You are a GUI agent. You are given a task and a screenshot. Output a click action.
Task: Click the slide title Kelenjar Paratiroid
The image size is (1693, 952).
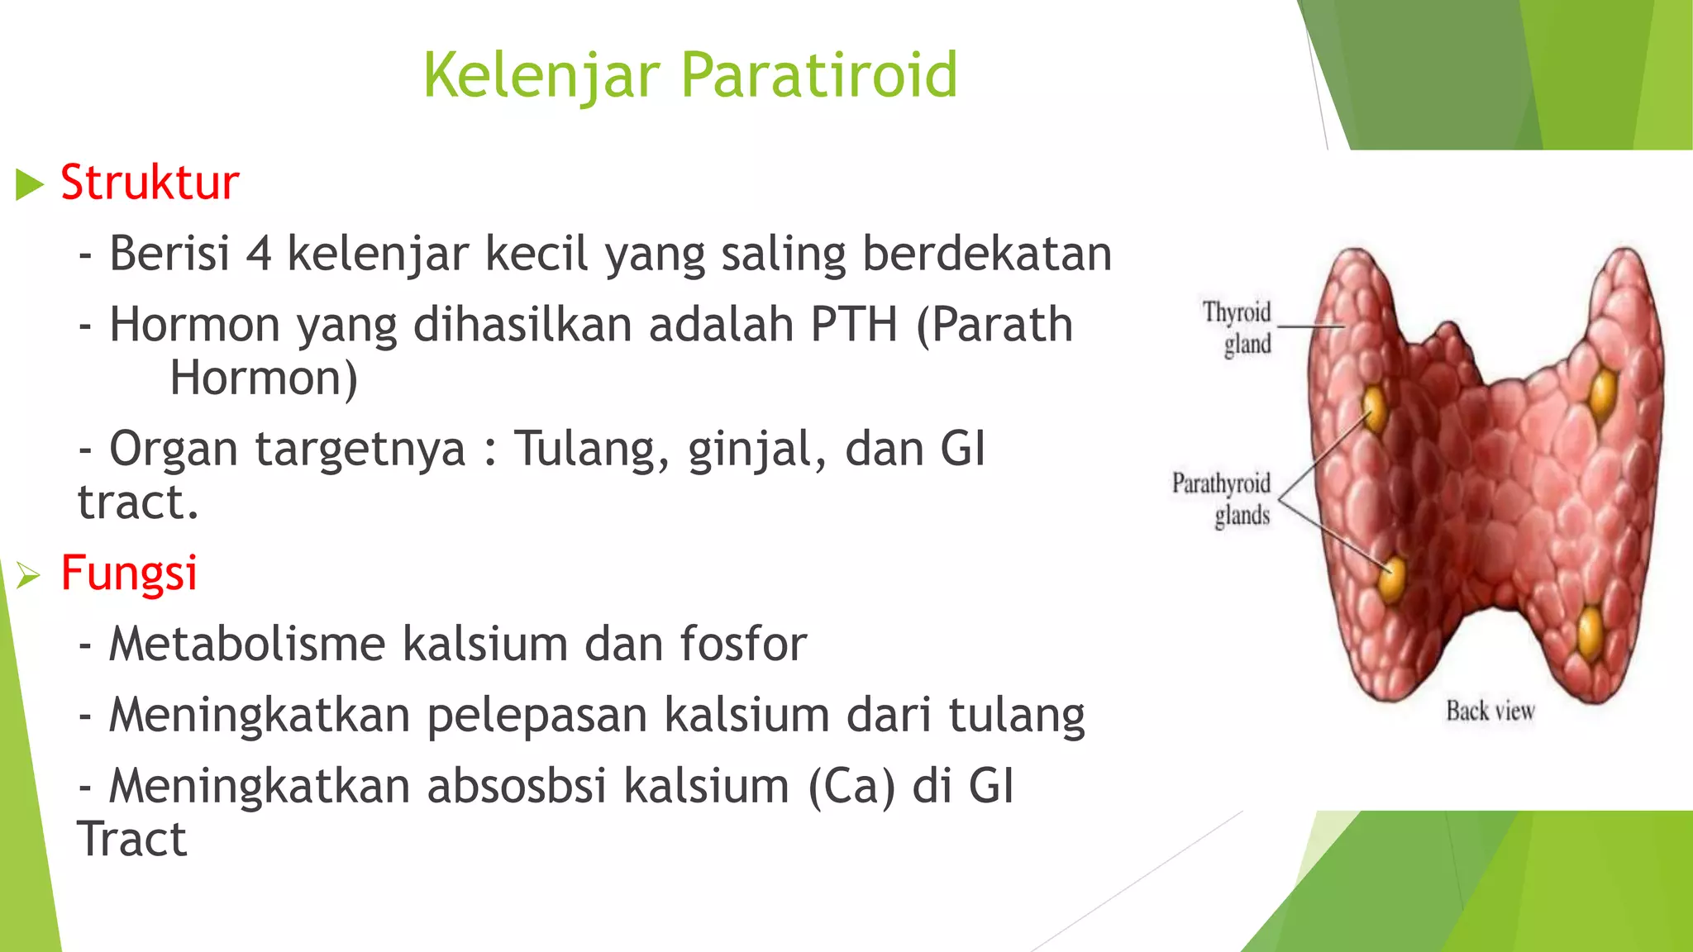tap(690, 75)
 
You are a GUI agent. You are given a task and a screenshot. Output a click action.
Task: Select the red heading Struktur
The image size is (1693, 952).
tap(150, 183)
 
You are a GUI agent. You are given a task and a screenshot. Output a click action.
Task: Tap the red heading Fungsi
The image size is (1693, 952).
tap(129, 573)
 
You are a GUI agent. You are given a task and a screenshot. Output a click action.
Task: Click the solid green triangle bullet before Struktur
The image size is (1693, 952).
tap(29, 184)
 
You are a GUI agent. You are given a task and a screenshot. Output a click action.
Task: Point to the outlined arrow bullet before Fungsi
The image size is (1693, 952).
tap(28, 574)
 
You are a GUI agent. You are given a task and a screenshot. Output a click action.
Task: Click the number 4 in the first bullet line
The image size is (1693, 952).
tap(259, 254)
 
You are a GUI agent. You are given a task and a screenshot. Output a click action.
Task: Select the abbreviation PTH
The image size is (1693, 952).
tap(853, 325)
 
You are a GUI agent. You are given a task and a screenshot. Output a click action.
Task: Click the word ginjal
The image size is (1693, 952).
tap(756, 450)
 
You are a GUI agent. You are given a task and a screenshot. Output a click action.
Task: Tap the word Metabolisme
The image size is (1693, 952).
tap(247, 645)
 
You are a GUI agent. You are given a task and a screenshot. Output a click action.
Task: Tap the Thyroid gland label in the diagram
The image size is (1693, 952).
tap(1238, 328)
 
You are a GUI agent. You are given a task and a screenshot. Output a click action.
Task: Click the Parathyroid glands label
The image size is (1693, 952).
tap(1222, 499)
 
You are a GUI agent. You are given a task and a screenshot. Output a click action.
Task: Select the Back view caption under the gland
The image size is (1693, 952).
tap(1490, 711)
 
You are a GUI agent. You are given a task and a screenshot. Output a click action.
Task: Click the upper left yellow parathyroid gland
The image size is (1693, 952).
tap(1374, 406)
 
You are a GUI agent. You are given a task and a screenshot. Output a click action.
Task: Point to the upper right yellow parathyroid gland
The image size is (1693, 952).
tap(1603, 393)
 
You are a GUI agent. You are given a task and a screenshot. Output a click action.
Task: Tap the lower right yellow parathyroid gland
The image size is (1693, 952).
tap(1590, 631)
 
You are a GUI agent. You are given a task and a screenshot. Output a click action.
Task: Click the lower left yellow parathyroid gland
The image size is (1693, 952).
tap(1391, 578)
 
